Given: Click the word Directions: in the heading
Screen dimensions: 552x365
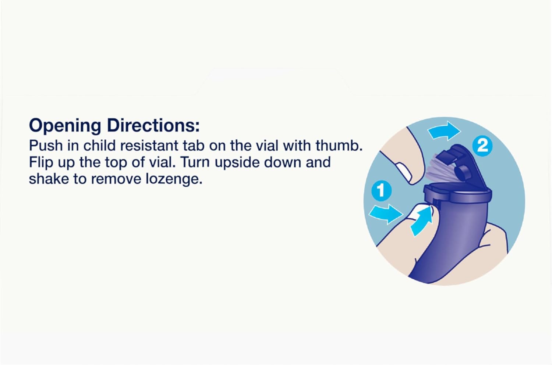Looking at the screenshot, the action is pos(153,125).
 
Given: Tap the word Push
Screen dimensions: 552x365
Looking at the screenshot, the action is pos(46,146).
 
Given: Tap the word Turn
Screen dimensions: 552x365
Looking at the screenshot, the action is pos(195,162).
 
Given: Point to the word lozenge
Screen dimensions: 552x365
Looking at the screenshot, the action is pos(174,179).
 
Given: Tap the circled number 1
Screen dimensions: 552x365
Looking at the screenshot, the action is pos(382,191).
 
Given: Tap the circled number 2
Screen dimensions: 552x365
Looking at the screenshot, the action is pos(482,146).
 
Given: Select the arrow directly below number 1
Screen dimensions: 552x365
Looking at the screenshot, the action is pos(386,214).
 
